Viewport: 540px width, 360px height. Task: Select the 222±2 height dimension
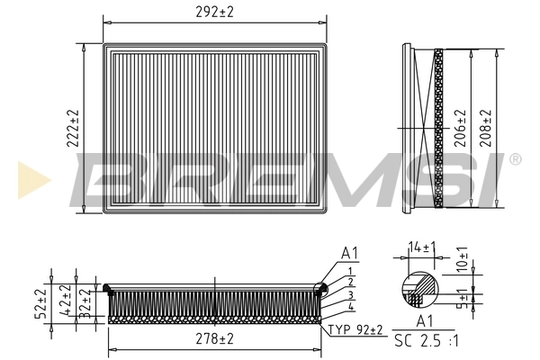click(74, 128)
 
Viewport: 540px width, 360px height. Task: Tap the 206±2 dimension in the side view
click(459, 128)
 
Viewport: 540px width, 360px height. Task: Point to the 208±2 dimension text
click(487, 128)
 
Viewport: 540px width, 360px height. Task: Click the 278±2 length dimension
click(214, 338)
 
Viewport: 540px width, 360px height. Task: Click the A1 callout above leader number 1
click(349, 253)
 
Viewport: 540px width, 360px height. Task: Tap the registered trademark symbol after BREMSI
click(515, 159)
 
